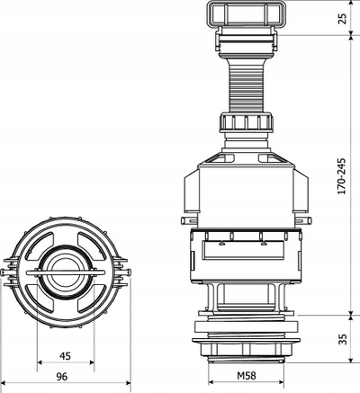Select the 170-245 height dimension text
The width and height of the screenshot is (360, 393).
click(x=342, y=176)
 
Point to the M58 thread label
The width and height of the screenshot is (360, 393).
click(x=247, y=375)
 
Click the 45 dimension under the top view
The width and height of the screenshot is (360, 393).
click(x=65, y=356)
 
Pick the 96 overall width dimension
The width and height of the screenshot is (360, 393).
click(x=62, y=377)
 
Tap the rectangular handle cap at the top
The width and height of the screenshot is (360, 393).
click(x=246, y=13)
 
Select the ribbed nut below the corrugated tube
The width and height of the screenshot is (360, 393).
click(x=246, y=122)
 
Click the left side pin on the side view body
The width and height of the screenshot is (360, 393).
click(x=189, y=220)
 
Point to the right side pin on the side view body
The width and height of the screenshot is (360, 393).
click(x=302, y=220)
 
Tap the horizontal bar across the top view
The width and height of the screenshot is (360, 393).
click(x=66, y=272)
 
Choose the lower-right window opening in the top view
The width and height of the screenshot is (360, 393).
click(x=92, y=299)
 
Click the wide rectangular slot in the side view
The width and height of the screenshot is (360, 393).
click(x=243, y=250)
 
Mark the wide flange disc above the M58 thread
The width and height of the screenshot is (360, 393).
click(x=246, y=340)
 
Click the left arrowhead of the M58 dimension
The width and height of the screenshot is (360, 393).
click(x=211, y=382)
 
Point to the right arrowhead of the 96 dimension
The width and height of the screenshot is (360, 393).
click(x=129, y=382)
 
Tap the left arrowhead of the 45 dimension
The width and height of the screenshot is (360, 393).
click(x=40, y=362)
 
